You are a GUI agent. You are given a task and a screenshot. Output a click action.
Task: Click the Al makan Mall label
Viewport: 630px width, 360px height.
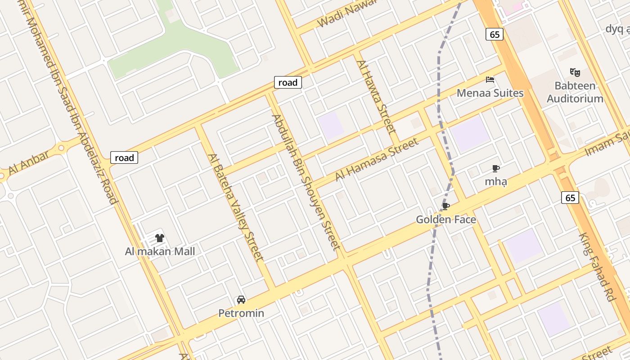(x=160, y=251)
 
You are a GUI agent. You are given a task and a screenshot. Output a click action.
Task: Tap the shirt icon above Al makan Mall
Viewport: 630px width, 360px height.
(x=160, y=238)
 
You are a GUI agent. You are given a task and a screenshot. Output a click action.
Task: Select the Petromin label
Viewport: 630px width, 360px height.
(x=241, y=313)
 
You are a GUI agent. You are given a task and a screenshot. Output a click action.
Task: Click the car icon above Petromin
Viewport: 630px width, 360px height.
(x=241, y=300)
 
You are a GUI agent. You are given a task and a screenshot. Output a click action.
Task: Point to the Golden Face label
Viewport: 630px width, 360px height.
(x=445, y=220)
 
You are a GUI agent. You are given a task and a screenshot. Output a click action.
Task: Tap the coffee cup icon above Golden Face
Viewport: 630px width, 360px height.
(x=445, y=207)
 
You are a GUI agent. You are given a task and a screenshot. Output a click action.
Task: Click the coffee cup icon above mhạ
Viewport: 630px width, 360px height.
(x=495, y=169)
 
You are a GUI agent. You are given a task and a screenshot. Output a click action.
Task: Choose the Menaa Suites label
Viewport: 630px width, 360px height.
(x=490, y=93)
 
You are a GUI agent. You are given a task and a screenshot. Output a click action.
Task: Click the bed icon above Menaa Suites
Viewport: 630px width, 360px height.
(x=490, y=80)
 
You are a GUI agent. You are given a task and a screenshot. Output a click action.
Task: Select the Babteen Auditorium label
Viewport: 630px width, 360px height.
(x=575, y=92)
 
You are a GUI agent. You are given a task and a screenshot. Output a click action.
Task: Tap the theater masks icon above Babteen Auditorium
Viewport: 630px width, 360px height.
(x=575, y=72)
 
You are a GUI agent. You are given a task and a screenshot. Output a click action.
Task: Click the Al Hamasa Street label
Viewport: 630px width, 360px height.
(x=377, y=160)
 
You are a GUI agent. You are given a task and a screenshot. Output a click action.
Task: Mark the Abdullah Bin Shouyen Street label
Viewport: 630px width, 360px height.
(x=306, y=181)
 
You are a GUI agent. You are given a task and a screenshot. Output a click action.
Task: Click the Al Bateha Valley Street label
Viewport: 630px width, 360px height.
(x=234, y=207)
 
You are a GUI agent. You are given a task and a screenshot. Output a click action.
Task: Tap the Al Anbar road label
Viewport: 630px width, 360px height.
(x=29, y=163)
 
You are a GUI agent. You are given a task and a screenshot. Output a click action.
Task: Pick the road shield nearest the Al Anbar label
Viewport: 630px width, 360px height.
(x=124, y=157)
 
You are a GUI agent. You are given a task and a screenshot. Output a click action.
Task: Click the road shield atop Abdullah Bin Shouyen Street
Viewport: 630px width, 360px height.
(x=288, y=82)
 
